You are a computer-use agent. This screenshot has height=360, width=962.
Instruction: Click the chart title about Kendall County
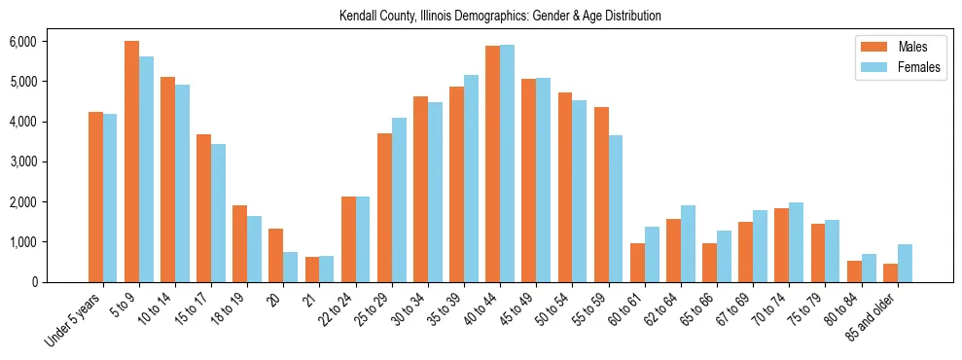[x=500, y=17]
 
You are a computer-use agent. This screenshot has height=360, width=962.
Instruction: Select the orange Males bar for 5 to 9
[x=131, y=162]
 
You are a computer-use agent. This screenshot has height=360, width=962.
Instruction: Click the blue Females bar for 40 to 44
[x=507, y=163]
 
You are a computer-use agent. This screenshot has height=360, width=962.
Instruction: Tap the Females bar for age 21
[x=327, y=270]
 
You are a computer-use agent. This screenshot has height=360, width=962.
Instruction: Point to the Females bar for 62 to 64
[x=688, y=243]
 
